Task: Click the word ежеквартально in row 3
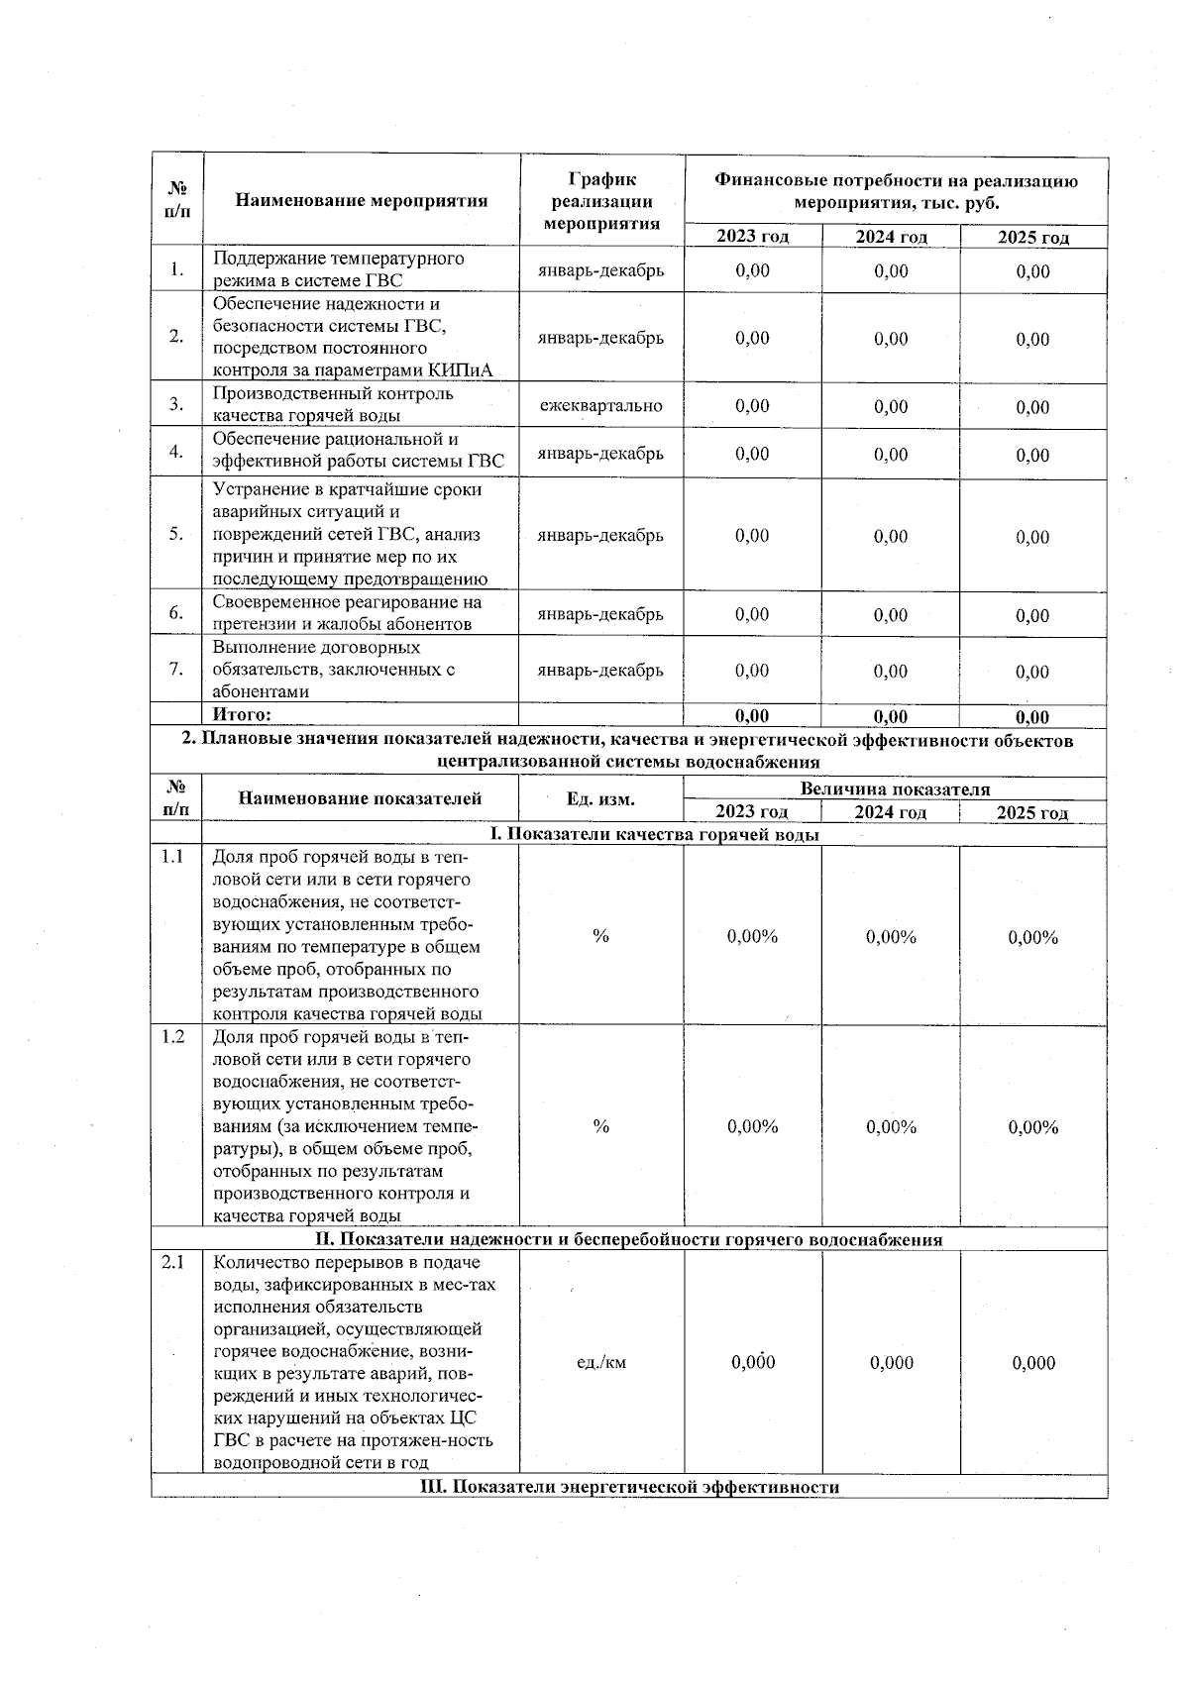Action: (x=600, y=405)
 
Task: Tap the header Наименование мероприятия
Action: (x=362, y=201)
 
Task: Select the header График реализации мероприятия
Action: (x=601, y=201)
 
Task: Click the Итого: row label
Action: (x=242, y=714)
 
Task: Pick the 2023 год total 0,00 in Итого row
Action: (x=752, y=716)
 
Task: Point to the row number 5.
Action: (x=176, y=534)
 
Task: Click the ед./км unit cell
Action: (x=600, y=1362)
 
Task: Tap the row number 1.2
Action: (x=173, y=1036)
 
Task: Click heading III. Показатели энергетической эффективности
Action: (x=630, y=1487)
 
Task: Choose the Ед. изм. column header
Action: (x=600, y=799)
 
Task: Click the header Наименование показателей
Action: (x=361, y=798)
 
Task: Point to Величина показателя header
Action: (x=894, y=789)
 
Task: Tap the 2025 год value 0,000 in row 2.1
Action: (x=1033, y=1363)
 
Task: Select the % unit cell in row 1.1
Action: (x=600, y=936)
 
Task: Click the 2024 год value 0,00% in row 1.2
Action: (x=891, y=1127)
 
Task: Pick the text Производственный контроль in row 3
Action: (x=333, y=394)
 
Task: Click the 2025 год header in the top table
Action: (x=1032, y=237)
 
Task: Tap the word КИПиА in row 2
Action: (x=461, y=371)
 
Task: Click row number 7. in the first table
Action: (x=176, y=669)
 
